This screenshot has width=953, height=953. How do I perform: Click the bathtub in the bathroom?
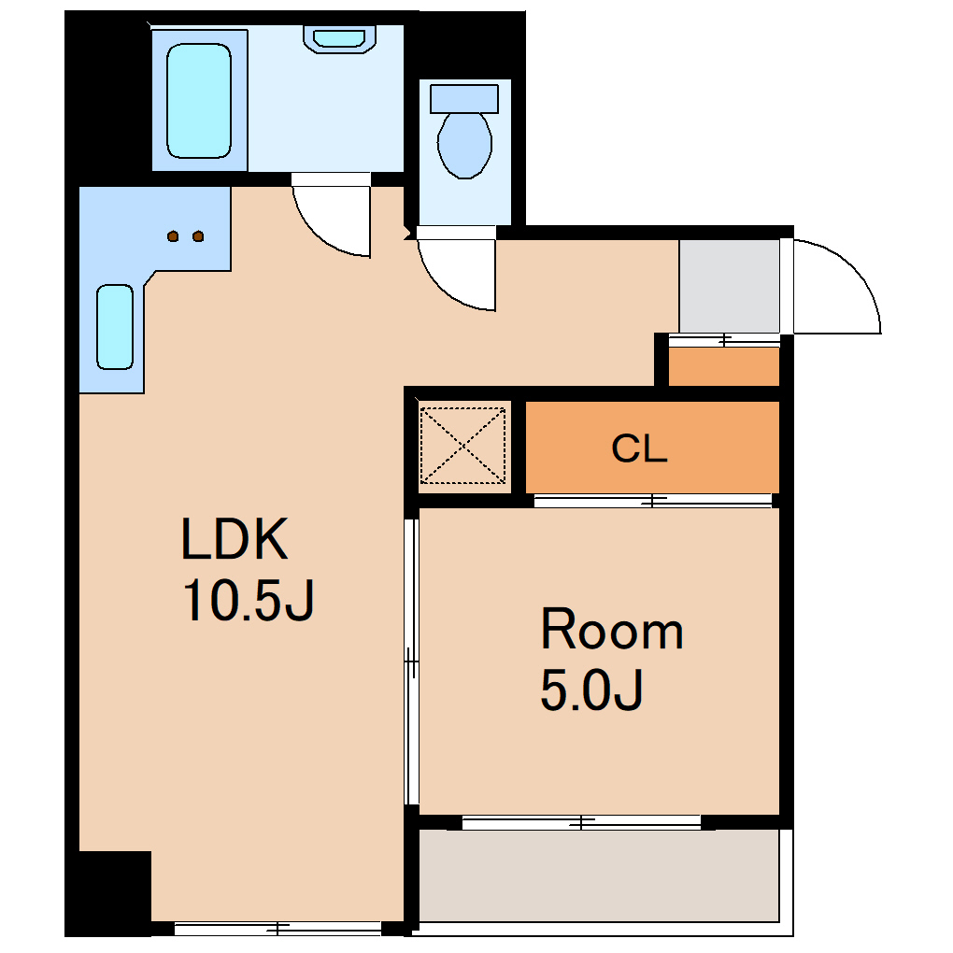click(199, 101)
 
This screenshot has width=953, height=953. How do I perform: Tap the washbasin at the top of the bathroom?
click(339, 39)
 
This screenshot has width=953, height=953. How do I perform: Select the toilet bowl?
click(464, 145)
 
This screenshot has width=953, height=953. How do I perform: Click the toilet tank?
click(464, 98)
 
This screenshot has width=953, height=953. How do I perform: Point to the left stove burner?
click(173, 235)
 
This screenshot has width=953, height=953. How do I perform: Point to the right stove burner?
click(198, 235)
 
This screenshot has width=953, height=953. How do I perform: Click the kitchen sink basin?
click(115, 327)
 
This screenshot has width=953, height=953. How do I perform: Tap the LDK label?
click(234, 538)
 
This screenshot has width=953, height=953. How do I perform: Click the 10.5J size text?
click(248, 600)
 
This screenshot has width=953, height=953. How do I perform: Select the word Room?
click(612, 629)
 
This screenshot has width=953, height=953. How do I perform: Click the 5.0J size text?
click(591, 690)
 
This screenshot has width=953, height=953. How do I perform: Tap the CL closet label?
click(639, 448)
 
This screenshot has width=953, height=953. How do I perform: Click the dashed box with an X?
click(463, 446)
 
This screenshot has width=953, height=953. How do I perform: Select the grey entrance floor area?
click(730, 286)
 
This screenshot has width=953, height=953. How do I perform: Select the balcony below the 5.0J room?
click(599, 875)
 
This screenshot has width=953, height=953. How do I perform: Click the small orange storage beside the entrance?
click(724, 366)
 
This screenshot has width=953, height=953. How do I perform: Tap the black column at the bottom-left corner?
click(108, 893)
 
